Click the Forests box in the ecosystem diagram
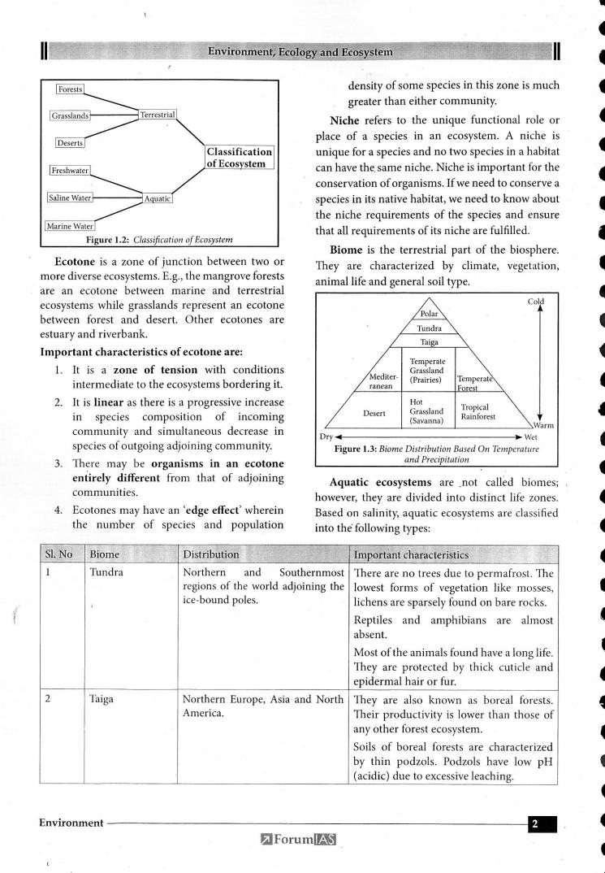71,89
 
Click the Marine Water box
71,225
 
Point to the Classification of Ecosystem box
238,158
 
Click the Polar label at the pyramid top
429,314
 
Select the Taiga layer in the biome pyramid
429,342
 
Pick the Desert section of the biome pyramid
374,413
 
